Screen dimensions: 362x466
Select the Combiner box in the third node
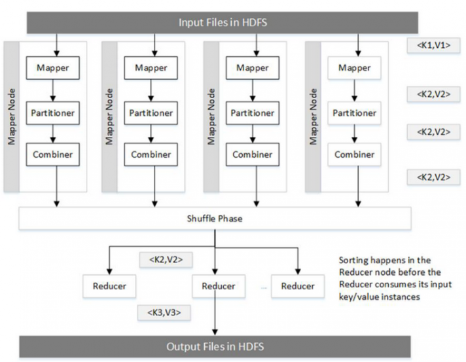pyautogui.click(x=253, y=154)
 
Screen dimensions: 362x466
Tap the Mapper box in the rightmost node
pyautogui.click(x=355, y=67)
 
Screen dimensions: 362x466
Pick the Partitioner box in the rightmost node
pyautogui.click(x=355, y=112)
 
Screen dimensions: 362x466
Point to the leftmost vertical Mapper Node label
pyautogui.click(x=11, y=117)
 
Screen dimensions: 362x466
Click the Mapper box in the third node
pyautogui.click(x=253, y=67)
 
